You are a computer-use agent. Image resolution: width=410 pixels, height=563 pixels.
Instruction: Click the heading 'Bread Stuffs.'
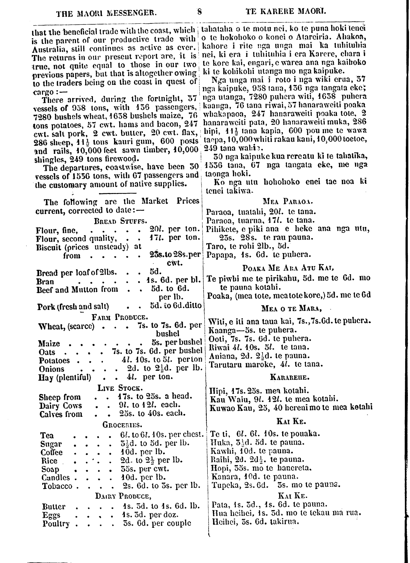pos(120,221)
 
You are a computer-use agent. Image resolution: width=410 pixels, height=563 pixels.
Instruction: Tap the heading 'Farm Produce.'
pos(119,317)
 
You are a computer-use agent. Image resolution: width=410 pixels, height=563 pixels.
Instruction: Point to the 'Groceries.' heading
pos(122,425)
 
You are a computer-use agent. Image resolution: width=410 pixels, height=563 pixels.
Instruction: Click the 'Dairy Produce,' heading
pos(123,496)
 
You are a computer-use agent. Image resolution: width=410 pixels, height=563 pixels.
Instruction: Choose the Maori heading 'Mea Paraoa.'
pos(287,202)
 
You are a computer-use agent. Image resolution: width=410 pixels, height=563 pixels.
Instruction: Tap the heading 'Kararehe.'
pos(290,377)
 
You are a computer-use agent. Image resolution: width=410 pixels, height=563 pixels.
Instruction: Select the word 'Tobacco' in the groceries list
pos(57,486)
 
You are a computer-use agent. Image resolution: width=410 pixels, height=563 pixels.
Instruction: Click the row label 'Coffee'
pos(51,453)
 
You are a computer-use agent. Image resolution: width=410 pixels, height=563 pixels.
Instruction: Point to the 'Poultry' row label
pos(56,524)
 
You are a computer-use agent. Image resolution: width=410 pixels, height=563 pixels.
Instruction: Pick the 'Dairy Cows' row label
pos(61,406)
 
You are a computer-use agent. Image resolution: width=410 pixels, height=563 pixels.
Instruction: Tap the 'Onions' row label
pos(52,369)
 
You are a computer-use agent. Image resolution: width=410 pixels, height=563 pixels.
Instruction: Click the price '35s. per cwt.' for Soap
pos(146,469)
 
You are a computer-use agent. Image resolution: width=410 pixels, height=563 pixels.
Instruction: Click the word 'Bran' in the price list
pos(45,282)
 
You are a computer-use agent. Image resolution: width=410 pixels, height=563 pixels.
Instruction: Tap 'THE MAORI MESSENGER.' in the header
pos(106,13)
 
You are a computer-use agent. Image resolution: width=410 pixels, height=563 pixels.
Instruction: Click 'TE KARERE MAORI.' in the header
pos(286,12)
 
